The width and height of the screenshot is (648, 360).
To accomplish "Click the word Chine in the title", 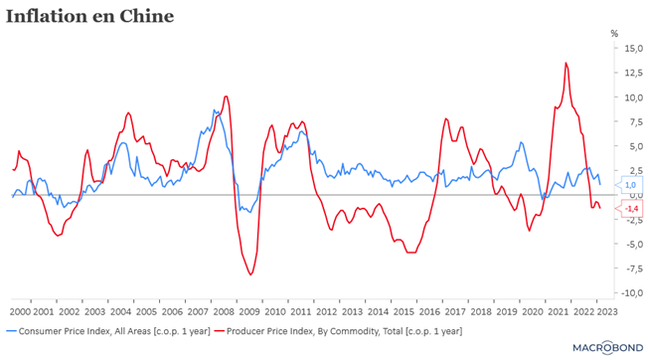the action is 147,17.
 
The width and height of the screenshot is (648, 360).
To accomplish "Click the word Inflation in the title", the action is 47,17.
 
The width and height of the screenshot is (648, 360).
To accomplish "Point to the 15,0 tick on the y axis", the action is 633,49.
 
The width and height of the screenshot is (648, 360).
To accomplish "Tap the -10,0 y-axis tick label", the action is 632,293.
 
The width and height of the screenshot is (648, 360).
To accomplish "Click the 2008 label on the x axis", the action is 224,311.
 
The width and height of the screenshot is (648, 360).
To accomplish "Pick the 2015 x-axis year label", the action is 404,311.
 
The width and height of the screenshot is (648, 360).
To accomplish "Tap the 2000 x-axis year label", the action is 20,311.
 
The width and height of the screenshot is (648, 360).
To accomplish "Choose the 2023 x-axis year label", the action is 606,311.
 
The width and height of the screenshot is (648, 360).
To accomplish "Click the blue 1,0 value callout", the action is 629,185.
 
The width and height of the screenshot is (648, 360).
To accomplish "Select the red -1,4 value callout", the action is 629,209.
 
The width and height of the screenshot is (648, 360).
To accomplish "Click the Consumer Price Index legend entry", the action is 108,331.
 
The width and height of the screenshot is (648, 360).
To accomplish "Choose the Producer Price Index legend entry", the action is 339,331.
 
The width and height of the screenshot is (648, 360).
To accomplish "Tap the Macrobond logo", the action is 608,348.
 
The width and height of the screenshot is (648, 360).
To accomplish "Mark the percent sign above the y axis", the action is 614,34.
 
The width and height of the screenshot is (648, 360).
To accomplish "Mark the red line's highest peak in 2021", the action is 566,63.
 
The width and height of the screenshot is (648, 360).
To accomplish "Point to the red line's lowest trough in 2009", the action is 250,274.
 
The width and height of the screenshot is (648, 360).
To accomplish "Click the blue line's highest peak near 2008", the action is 214,110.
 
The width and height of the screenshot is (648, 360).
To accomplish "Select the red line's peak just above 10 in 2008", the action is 226,96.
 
